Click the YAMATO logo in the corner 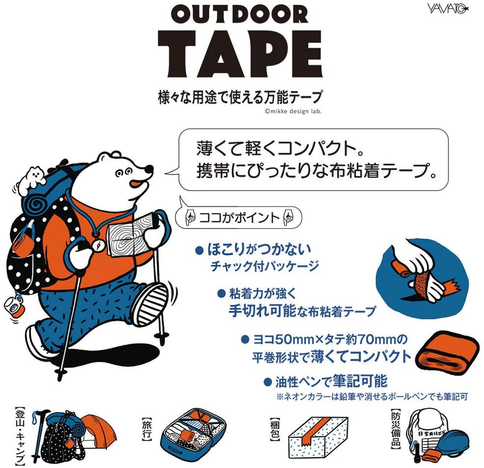[448, 8]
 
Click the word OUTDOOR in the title [240, 15]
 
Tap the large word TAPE [241, 54]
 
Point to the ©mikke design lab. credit [293, 111]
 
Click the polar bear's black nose [149, 169]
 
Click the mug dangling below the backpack [14, 306]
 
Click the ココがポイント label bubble [238, 217]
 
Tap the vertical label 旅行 [146, 429]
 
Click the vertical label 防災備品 [396, 428]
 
